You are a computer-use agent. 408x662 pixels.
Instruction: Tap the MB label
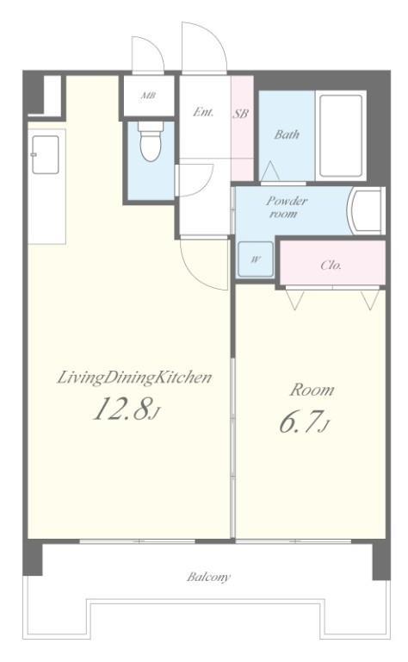point(148,96)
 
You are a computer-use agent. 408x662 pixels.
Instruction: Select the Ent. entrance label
point(203,112)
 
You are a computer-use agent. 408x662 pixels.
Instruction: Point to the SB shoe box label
point(241,113)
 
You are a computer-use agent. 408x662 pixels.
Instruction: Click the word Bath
point(287,134)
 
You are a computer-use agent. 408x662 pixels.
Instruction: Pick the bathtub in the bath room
point(341,135)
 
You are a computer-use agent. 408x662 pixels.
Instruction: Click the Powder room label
point(286,207)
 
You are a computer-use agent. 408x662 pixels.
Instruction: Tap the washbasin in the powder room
point(365,210)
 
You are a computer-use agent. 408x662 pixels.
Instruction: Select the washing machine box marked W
point(256,259)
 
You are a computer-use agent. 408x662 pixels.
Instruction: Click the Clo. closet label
point(331,265)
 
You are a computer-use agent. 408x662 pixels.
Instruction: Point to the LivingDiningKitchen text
point(134,377)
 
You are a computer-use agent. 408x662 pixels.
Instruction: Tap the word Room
point(312,390)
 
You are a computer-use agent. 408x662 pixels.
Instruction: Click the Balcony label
point(208,577)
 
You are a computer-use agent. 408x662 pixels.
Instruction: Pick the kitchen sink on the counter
point(45,154)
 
